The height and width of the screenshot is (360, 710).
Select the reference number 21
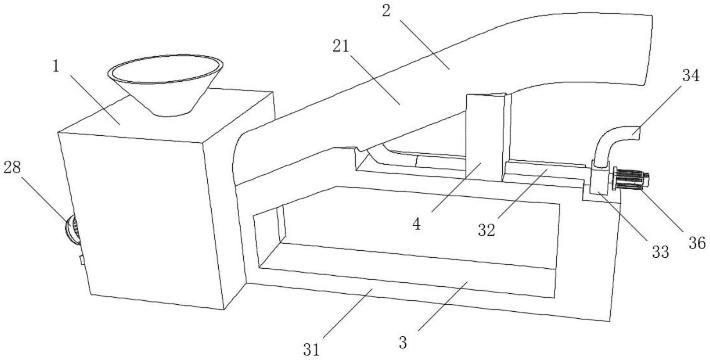pos(340,46)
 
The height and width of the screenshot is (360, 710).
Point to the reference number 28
pos(12,167)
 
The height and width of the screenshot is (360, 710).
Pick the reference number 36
pos(697,243)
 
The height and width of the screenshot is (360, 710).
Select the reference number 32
pos(487,230)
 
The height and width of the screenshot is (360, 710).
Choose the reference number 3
pos(403,342)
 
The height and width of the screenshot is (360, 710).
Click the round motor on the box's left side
pos(71,229)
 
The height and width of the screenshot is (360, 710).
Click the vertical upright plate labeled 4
pos(483,136)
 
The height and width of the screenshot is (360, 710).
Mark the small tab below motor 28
pos(81,260)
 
